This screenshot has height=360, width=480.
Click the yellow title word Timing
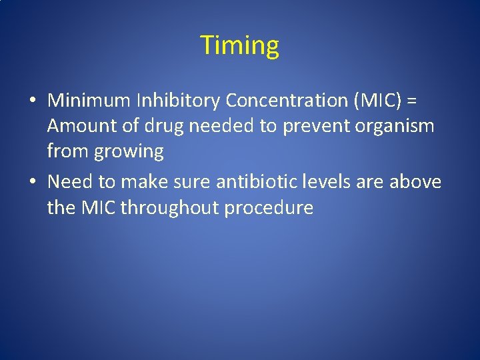click(239, 46)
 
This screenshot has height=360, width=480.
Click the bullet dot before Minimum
click(33, 101)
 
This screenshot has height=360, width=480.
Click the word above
click(416, 181)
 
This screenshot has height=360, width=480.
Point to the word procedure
click(269, 207)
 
